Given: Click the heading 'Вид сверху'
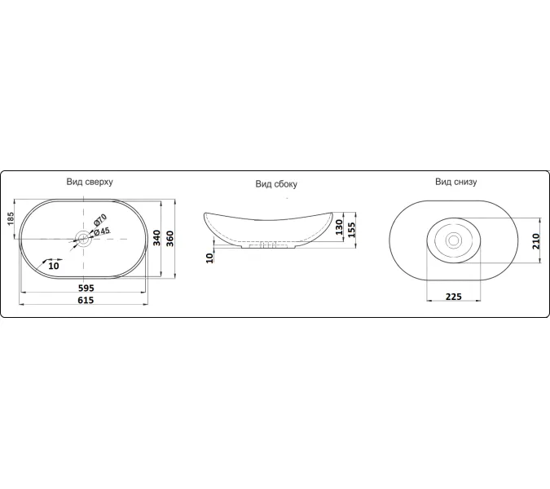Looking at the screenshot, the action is (x=90, y=182).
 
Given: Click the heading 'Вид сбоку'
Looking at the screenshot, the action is (x=276, y=184).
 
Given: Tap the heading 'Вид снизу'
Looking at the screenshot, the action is (x=456, y=182).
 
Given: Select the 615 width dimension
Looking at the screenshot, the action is (x=86, y=300).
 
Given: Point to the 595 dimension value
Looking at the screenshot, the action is (x=86, y=288).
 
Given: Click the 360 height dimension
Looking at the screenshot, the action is (x=170, y=239).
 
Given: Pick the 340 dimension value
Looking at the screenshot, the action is (x=156, y=238).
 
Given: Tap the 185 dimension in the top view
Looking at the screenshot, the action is (x=11, y=218).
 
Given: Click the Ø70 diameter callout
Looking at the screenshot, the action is (x=99, y=219).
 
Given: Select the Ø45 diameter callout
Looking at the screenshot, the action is (x=102, y=231).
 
